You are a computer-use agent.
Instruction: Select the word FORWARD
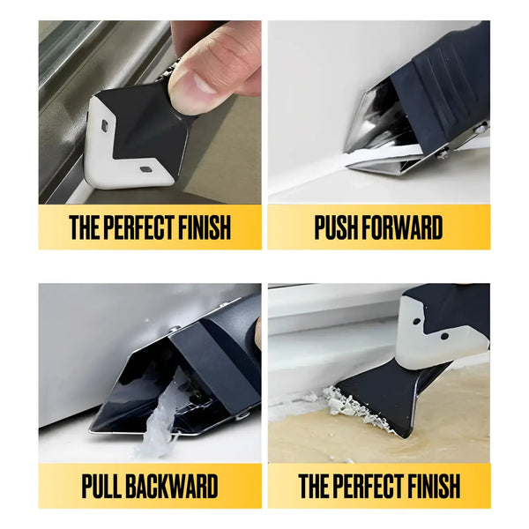402,227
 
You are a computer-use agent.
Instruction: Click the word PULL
102,486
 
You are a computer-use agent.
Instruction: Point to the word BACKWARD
172,486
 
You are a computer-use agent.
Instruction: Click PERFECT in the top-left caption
140,227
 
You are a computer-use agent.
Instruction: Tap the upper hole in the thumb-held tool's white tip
105,126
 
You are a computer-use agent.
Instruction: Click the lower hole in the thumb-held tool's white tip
145,169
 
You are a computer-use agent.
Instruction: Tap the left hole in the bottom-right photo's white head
417,321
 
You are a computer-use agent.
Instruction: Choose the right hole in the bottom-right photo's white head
444,336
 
